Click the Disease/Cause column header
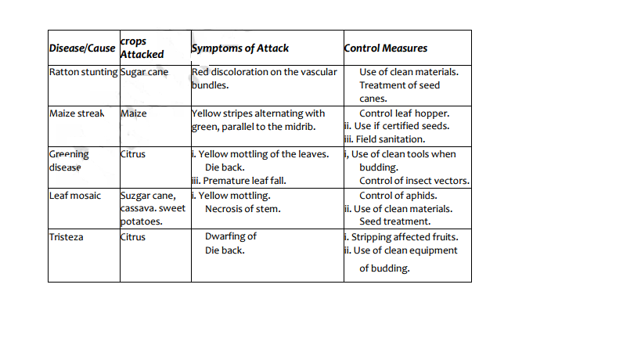point(82,49)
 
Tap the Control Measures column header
point(386,49)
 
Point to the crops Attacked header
point(142,48)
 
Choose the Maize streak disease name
point(77,113)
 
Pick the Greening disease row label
point(69,160)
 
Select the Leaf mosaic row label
point(75,195)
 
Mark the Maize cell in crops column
point(135,113)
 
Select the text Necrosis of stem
point(243,209)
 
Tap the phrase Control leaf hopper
point(404,113)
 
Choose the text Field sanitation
point(385,139)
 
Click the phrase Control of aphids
point(398,195)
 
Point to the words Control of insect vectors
point(414,181)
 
